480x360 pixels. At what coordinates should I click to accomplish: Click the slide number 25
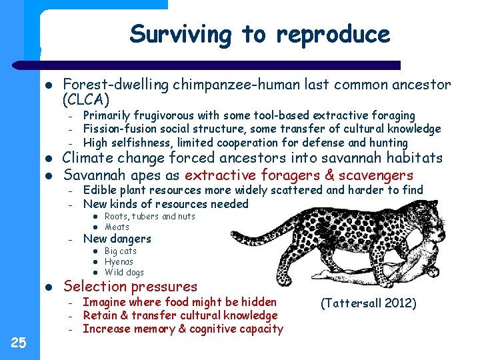tap(19, 343)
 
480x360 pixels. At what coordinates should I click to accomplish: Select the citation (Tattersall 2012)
tap(368, 303)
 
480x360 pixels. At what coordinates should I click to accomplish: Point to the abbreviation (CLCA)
tap(85, 100)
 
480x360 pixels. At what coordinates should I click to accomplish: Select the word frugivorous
tap(159, 116)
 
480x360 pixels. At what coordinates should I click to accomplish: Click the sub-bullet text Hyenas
tap(119, 262)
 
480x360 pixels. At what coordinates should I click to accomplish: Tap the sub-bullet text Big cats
tap(121, 251)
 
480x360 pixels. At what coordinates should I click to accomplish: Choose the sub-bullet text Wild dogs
tap(124, 273)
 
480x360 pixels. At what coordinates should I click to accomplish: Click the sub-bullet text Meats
tap(117, 227)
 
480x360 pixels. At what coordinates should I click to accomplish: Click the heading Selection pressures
tap(130, 287)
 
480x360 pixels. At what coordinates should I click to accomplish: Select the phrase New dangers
tap(117, 239)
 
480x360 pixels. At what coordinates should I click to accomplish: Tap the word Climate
tap(89, 158)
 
